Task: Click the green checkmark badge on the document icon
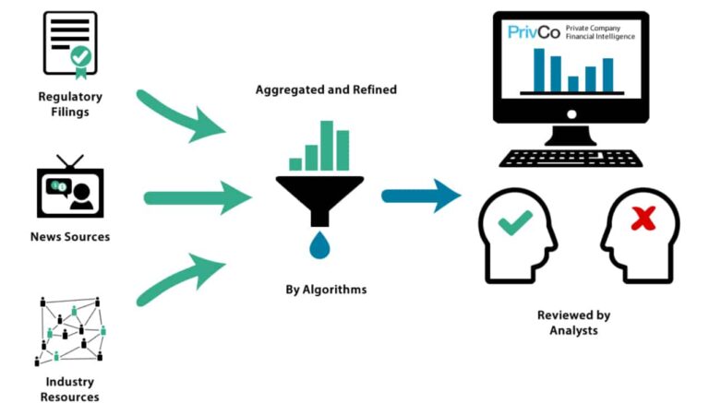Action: (x=81, y=59)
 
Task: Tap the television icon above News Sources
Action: (x=70, y=186)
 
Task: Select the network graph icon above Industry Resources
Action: (x=70, y=331)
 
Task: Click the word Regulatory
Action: (x=70, y=97)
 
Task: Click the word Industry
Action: (x=69, y=382)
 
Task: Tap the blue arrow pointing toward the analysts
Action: (x=421, y=196)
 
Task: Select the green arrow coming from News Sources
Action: (x=198, y=198)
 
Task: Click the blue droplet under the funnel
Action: (x=319, y=245)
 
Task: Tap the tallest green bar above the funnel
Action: (x=327, y=146)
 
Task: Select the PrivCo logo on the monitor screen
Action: (x=534, y=32)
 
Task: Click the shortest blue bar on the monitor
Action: (x=573, y=84)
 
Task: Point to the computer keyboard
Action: (x=571, y=159)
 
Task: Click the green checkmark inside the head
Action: (x=515, y=222)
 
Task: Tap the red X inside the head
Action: (x=643, y=219)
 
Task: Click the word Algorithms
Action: (x=334, y=290)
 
